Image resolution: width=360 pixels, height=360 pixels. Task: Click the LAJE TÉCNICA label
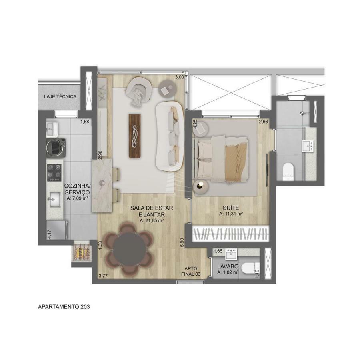coord(60,96)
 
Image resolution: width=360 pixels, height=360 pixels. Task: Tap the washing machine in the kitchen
coord(56,148)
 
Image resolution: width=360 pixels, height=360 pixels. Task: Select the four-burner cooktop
coord(54,172)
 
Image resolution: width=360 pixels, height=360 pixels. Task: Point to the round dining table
coord(130,249)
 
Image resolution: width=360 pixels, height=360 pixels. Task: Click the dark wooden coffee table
coord(135,136)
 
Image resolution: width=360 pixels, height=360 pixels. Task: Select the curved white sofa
coord(170,136)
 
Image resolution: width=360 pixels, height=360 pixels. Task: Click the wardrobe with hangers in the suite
coord(230,234)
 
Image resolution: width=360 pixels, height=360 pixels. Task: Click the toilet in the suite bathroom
coord(288,171)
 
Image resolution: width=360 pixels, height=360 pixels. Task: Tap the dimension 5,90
coord(182,242)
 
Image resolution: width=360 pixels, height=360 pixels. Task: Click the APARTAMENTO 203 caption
coord(64,306)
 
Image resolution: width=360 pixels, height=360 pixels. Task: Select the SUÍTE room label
coord(231,208)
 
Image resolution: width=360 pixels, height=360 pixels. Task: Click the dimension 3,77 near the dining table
coord(103,276)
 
